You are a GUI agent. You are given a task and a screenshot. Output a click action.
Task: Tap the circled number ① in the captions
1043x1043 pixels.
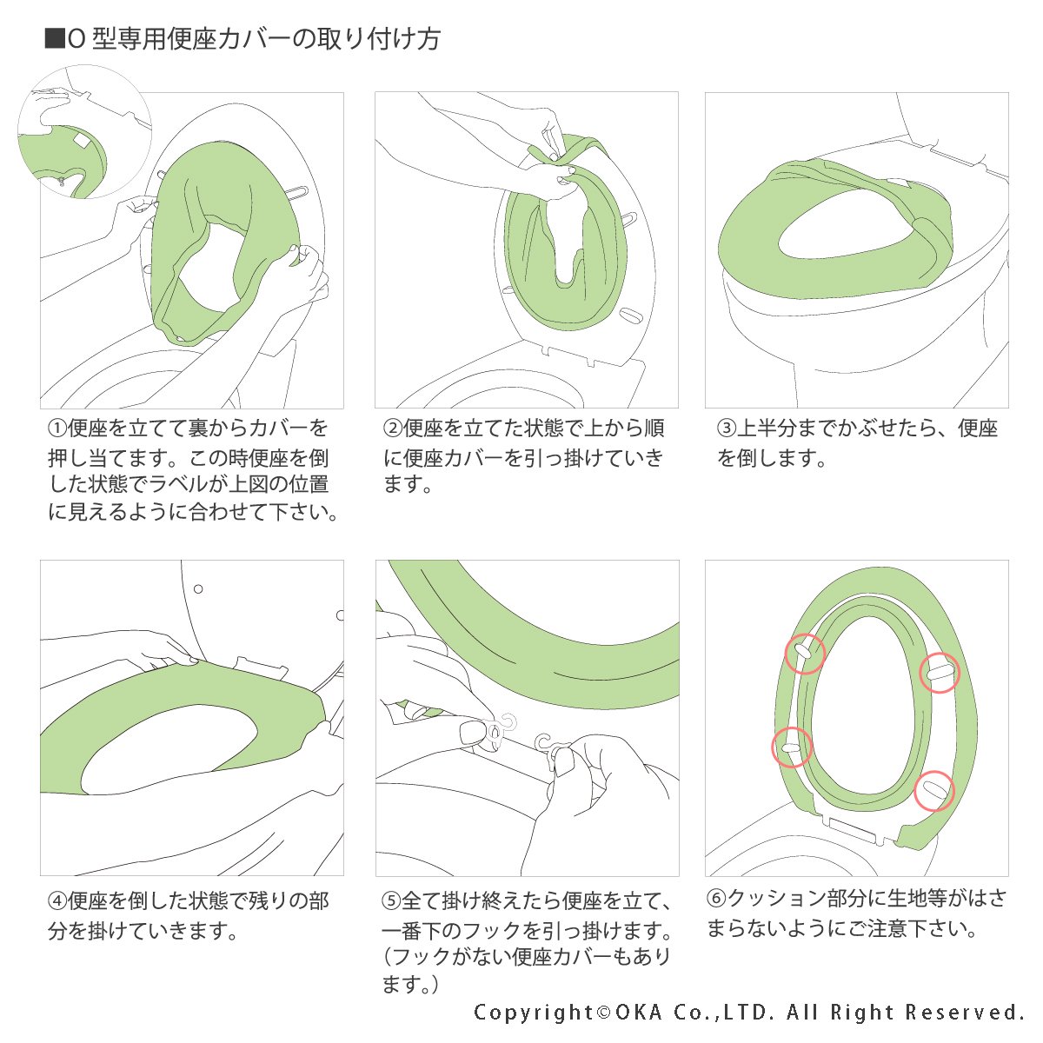[56, 428]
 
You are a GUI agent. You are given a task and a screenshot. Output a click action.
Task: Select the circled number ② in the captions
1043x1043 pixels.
[392, 428]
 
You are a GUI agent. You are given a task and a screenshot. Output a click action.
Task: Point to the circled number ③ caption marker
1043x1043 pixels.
[726, 428]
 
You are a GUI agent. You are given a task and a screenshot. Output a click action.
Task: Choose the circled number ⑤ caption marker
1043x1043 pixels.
[392, 901]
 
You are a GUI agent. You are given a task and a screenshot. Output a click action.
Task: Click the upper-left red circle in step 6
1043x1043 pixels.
[805, 653]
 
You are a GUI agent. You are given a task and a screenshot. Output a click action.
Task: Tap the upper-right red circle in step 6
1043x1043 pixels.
[940, 672]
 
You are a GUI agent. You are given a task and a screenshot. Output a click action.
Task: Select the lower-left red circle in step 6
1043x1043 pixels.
[792, 747]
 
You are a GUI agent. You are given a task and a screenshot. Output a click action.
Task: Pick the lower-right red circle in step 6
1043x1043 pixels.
[934, 791]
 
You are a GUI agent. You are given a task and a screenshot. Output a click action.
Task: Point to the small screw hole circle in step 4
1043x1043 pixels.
[198, 589]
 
